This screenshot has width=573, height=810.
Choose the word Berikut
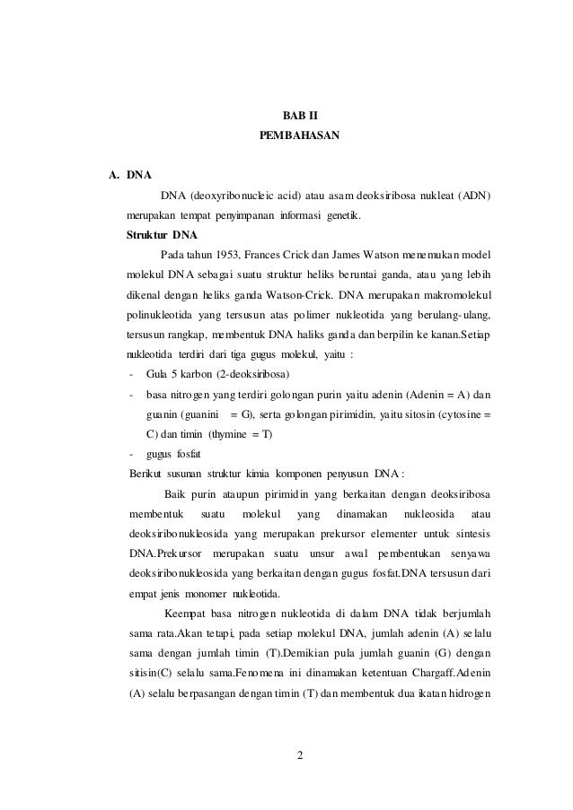point(146,474)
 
